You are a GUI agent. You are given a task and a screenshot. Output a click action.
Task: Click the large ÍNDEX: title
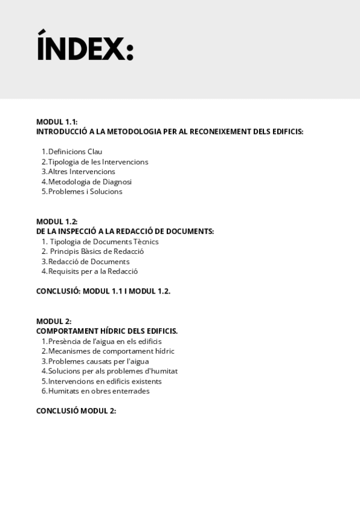[x=85, y=47]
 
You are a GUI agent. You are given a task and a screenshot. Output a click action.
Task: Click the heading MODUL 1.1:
[x=57, y=121]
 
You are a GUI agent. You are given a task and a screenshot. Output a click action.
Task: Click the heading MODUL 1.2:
[x=57, y=221]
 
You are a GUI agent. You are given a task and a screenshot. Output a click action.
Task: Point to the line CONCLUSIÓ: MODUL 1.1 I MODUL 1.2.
[x=103, y=291]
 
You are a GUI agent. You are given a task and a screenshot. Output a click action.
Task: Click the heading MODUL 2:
[x=53, y=321]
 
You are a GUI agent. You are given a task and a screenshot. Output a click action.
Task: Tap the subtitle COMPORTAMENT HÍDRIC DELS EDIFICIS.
[x=107, y=331]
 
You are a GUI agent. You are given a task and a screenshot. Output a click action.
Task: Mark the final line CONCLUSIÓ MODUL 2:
[x=76, y=411]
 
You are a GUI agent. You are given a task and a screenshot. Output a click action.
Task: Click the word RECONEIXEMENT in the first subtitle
[x=221, y=131]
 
